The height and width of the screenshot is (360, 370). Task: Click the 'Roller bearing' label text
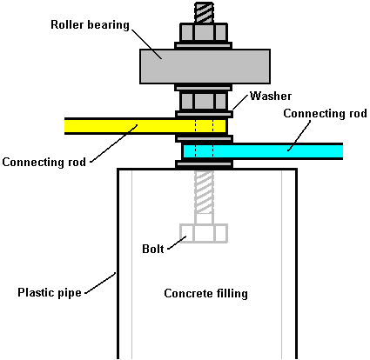[x=90, y=25]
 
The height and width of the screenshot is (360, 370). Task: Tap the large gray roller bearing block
[x=205, y=66]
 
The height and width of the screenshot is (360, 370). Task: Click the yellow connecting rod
[x=145, y=126]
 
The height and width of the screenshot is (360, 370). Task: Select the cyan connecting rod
[x=262, y=151]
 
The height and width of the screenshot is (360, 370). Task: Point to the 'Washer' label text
[x=271, y=96]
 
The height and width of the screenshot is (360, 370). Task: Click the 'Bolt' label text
[x=153, y=249]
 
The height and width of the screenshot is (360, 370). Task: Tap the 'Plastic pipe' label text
[x=50, y=292]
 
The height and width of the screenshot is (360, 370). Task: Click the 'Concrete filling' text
[x=205, y=293]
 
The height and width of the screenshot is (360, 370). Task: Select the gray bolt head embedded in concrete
[x=204, y=233]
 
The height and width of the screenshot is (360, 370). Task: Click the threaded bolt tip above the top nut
[x=204, y=12]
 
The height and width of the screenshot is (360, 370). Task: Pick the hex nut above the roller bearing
[x=204, y=32]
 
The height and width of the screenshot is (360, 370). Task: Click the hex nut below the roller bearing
[x=204, y=100]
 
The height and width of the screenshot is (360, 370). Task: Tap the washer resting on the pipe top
[x=204, y=164]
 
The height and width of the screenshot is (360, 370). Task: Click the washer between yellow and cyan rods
[x=204, y=138]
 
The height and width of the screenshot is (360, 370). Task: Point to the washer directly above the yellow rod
[x=204, y=114]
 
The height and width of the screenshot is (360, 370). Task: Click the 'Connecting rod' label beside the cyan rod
[x=325, y=113]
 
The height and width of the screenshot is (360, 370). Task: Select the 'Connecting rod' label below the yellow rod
[x=44, y=162]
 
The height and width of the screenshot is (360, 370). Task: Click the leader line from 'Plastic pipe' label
[x=100, y=283]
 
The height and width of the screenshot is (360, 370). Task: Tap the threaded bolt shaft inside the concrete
[x=204, y=192]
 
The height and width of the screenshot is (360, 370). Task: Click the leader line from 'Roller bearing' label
[x=146, y=43]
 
